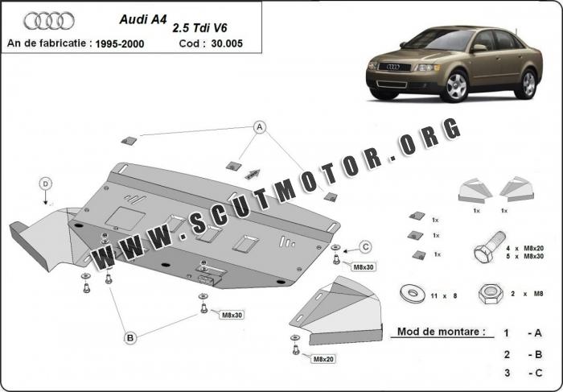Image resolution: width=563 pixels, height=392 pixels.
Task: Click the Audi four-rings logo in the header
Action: pos(49,21)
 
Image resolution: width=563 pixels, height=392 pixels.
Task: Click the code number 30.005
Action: pos(227,43)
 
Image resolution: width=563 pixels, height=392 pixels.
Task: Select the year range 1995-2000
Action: pos(120,44)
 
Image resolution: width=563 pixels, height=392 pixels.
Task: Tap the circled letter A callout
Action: pos(260,127)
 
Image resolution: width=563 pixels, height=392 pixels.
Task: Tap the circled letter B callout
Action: pos(130,338)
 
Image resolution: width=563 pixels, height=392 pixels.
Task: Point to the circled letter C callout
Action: pos(366,247)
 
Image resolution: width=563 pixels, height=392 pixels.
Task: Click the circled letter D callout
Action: pos(46,184)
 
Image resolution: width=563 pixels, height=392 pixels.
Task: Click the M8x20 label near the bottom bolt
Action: pos(323,358)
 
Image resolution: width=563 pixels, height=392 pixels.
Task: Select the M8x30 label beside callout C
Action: pos(364,267)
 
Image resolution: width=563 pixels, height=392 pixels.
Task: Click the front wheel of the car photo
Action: pos(456,86)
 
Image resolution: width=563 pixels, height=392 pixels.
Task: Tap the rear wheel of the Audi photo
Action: pos(528,84)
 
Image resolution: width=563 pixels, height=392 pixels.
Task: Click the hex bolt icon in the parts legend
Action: pos(490,247)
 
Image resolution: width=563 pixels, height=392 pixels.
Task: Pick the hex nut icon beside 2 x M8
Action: pos(491,294)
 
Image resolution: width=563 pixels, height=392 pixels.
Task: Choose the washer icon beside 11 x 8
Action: pos(413,293)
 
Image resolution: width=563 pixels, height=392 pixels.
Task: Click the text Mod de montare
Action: pos(441,332)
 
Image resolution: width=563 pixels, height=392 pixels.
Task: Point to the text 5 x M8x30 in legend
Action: pos(524,256)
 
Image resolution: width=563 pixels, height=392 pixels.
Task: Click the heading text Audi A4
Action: pos(143,19)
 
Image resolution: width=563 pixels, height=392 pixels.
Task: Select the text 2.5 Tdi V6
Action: pos(200,28)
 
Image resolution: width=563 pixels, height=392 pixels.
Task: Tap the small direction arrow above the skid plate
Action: pos(253,174)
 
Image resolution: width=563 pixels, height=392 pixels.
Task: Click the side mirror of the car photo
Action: pos(479,47)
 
